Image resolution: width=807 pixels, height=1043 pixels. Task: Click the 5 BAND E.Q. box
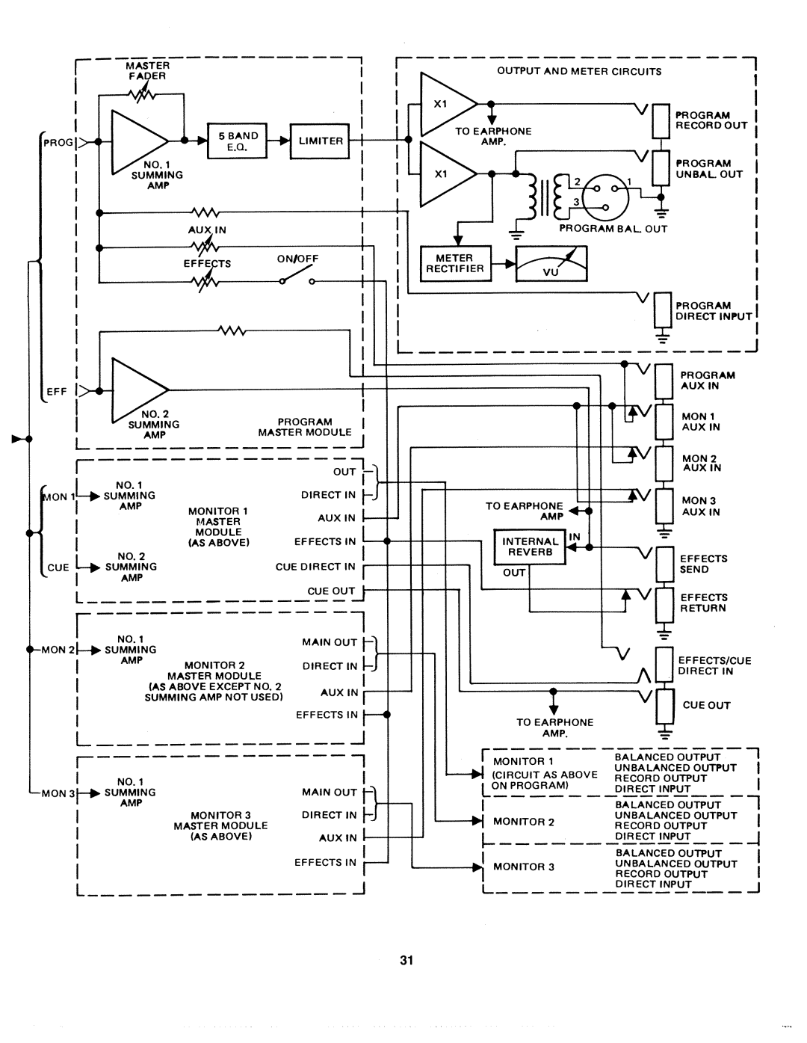238,141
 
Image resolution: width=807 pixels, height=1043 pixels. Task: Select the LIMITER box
320,141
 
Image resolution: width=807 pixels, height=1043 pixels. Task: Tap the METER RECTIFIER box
455,263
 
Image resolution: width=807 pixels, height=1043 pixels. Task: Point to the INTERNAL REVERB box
530,547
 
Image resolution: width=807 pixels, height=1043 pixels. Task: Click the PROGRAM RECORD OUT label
711,120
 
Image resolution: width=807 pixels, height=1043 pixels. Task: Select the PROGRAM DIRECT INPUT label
713,311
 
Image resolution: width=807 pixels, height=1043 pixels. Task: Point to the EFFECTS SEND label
703,564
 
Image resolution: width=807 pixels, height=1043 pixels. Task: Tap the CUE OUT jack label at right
706,705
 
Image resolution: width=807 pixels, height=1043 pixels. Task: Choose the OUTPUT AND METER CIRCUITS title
579,72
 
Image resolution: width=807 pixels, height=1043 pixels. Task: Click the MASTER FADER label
147,70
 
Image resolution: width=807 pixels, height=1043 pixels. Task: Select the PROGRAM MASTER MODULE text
305,427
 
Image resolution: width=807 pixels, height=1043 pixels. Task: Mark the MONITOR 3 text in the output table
524,867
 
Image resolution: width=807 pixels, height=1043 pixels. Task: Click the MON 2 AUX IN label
701,463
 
